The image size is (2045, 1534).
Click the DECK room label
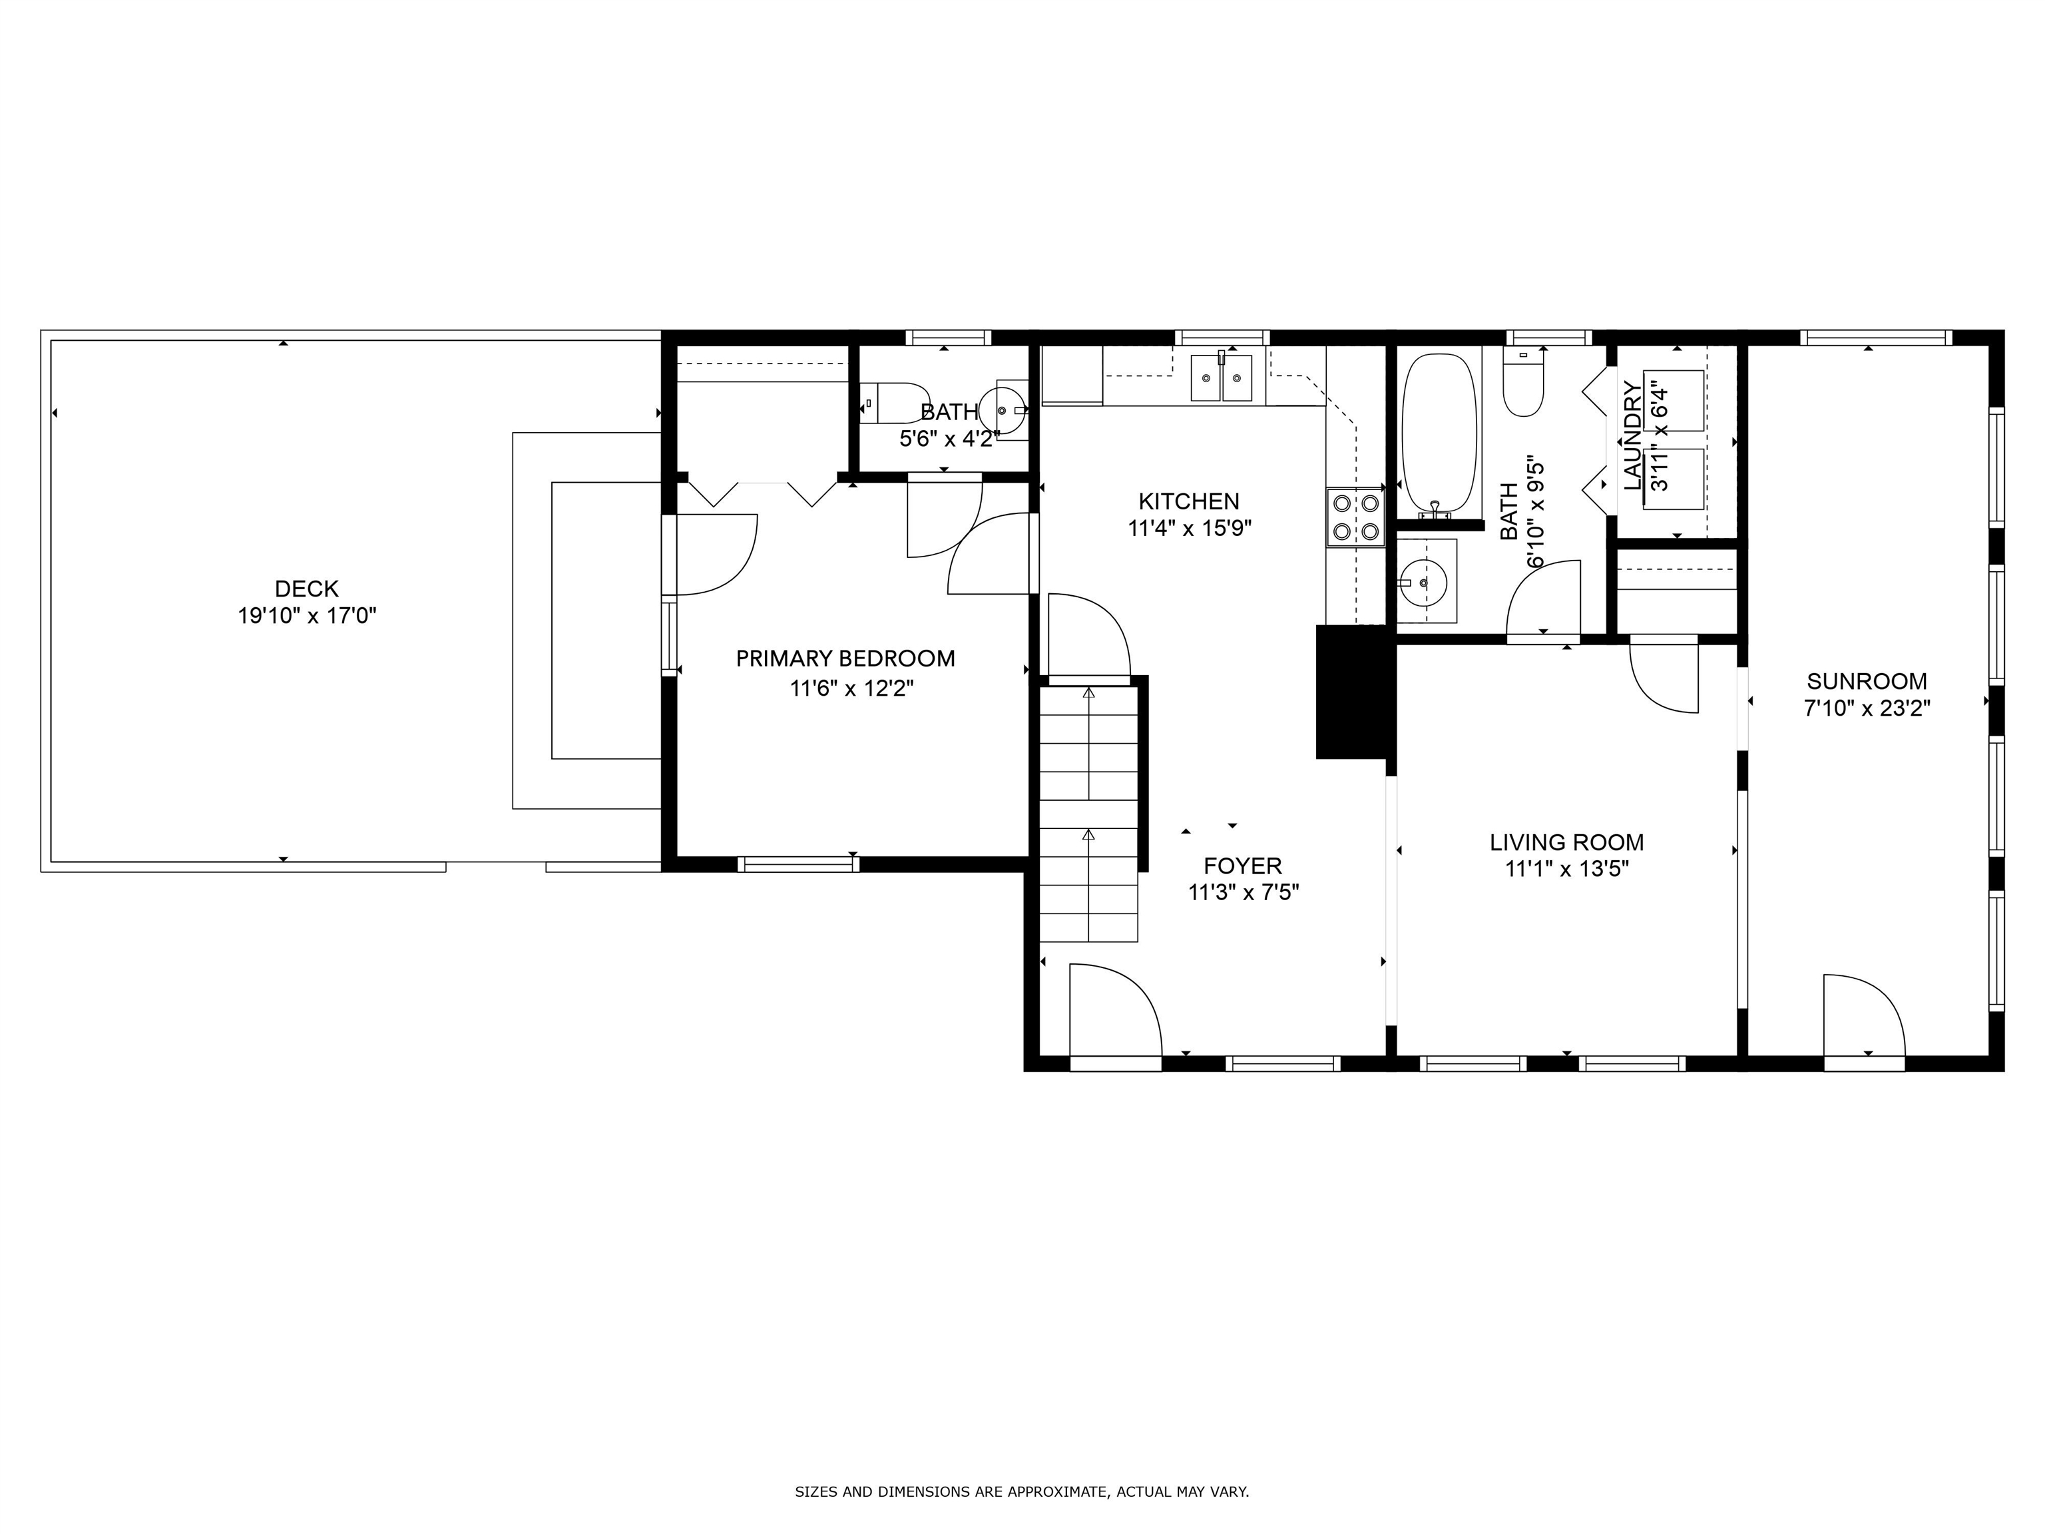coord(306,588)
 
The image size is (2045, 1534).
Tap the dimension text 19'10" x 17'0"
coord(306,616)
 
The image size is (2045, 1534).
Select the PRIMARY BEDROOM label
coord(845,658)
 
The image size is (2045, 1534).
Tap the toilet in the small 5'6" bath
coord(894,403)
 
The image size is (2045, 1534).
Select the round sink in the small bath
coord(1001,407)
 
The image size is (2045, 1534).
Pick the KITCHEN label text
coord(1188,501)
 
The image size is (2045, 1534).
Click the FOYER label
coord(1243,866)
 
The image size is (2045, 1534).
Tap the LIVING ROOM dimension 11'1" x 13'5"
coord(1566,869)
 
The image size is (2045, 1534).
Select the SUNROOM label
coord(1867,682)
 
